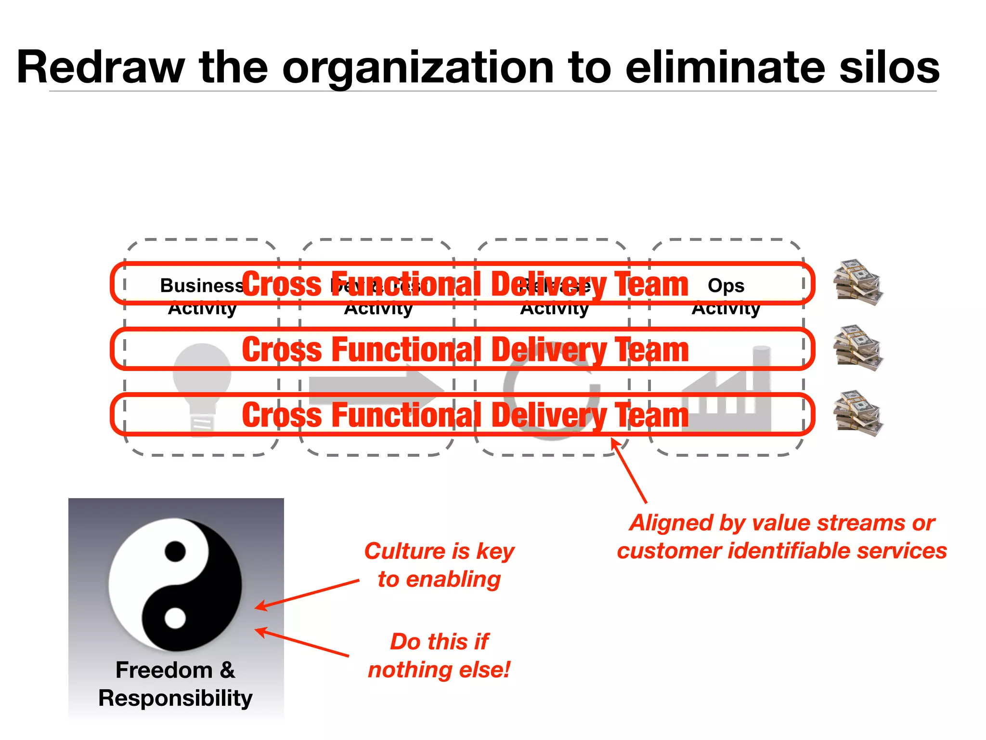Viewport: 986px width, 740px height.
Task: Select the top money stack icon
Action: tap(858, 283)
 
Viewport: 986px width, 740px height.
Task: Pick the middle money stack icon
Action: tap(858, 348)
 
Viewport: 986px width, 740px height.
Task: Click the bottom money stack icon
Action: tap(858, 413)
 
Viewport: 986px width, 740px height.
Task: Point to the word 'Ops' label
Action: tap(726, 286)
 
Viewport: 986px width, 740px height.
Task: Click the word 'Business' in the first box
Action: tap(201, 286)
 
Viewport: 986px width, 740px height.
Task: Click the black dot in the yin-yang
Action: tap(175, 551)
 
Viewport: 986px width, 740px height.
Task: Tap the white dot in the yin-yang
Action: tap(175, 618)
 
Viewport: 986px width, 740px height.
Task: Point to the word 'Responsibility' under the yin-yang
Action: tap(175, 698)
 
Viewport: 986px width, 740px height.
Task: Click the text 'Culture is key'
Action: tap(439, 551)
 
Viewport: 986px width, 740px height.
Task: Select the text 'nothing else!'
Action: tap(439, 669)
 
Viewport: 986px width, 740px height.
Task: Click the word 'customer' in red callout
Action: tap(669, 551)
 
